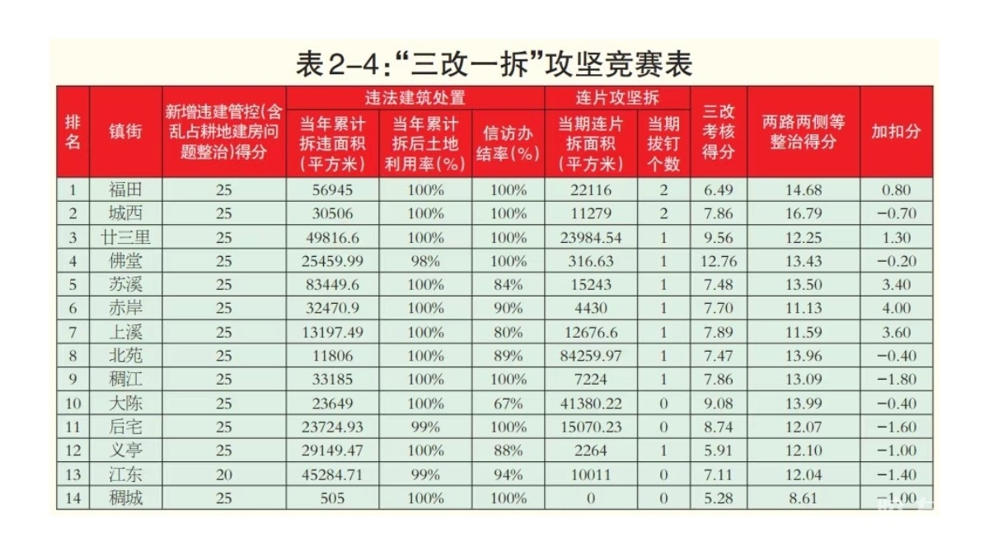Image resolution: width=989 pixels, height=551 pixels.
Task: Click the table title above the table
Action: coord(494,63)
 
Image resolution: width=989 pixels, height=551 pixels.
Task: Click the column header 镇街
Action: coord(125,131)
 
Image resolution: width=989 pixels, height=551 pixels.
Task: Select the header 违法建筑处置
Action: coord(415,97)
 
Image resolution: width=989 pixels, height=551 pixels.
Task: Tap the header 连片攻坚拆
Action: coord(617,97)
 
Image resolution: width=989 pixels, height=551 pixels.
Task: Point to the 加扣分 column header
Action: coord(896,131)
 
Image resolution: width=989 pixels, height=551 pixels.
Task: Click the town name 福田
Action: coord(125,189)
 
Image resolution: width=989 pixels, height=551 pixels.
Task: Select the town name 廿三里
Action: coord(125,237)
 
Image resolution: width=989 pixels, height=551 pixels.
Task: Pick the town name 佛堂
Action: coord(125,261)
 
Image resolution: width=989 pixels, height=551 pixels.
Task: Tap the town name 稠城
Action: coord(125,498)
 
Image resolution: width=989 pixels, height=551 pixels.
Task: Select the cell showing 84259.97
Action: coord(590,356)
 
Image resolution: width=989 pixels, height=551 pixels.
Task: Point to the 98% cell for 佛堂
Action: coord(425,261)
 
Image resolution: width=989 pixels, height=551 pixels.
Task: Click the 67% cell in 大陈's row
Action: coord(508,404)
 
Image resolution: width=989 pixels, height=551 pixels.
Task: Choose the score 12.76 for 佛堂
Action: coord(719,261)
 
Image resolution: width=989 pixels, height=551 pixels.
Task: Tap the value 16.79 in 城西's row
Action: coord(803,213)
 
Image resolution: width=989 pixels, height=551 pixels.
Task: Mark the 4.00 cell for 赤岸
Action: coord(896,308)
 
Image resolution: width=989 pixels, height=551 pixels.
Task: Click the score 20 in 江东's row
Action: coord(224,474)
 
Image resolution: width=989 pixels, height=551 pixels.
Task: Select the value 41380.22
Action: coord(590,404)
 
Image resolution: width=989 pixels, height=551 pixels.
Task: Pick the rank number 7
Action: coord(73,332)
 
